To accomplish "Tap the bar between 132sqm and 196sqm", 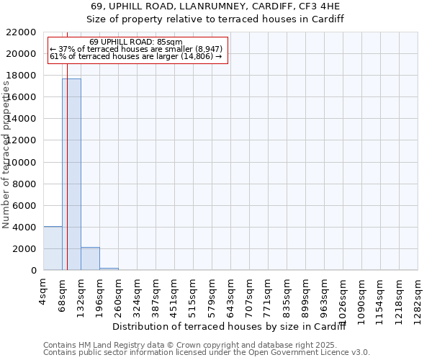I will click(x=90, y=258).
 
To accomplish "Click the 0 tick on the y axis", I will click(x=33, y=271).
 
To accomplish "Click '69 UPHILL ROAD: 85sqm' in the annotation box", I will click(x=137, y=42).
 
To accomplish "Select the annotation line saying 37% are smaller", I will click(x=137, y=49).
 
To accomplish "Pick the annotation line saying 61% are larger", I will click(x=137, y=56).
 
